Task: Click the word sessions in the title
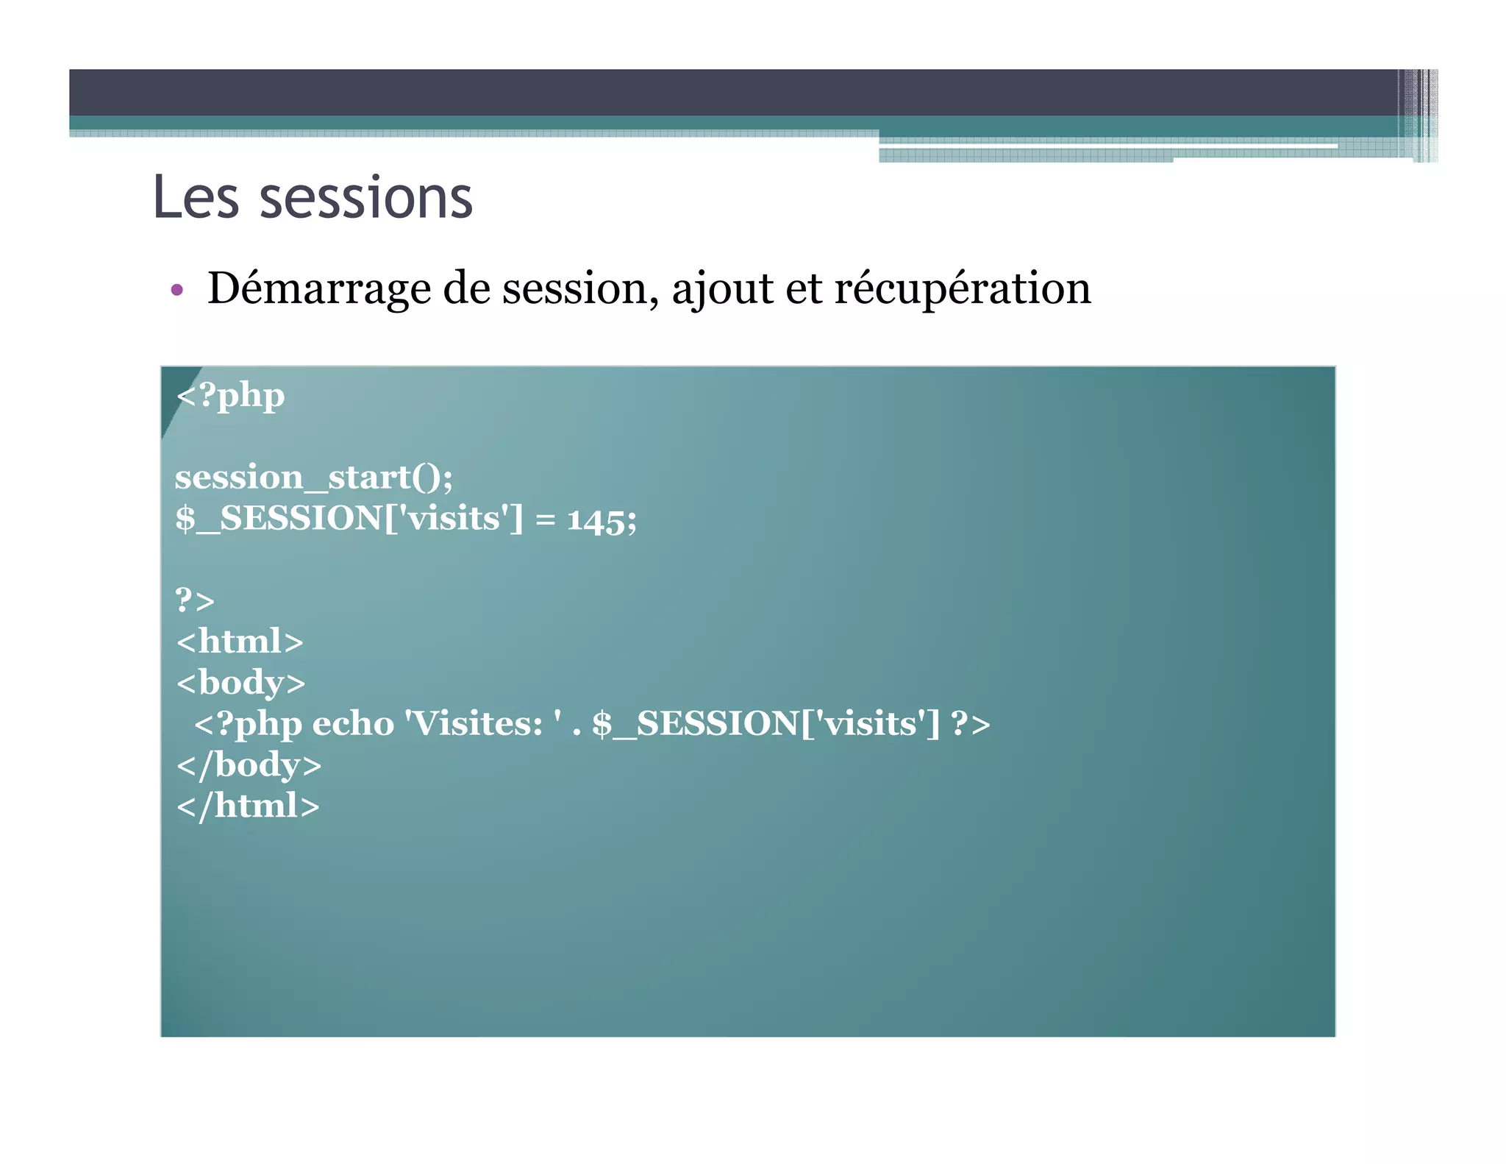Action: tap(366, 199)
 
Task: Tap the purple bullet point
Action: tap(176, 290)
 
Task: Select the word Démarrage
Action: tap(318, 288)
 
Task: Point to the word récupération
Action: tap(962, 288)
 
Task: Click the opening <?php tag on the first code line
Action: tap(230, 396)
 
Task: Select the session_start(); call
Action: tap(314, 478)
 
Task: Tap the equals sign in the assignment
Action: tap(545, 519)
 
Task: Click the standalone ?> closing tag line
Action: tap(195, 600)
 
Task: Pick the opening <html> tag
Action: tap(240, 642)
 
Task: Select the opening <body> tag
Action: tap(240, 683)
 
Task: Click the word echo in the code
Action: tap(353, 724)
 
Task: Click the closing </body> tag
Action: tap(249, 765)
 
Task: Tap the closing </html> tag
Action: tap(248, 806)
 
